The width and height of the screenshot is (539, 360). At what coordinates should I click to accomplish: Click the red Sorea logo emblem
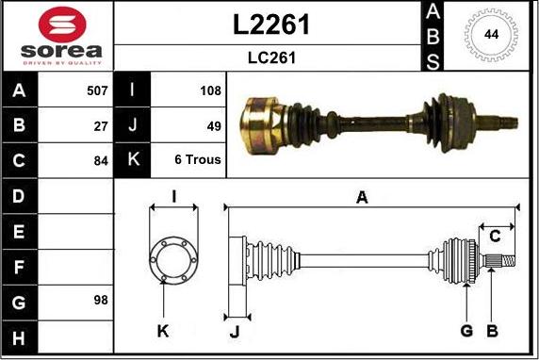(x=62, y=25)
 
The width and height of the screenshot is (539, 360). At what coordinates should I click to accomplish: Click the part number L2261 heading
(x=271, y=25)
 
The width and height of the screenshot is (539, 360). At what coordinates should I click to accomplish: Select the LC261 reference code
(x=271, y=57)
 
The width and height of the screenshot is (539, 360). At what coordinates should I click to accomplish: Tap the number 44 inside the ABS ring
(x=491, y=34)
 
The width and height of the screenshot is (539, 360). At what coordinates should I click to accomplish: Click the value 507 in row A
(x=97, y=90)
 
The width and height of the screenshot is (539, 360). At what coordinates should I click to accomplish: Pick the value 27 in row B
(x=101, y=126)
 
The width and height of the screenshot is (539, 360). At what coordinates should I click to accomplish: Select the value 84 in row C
(x=101, y=161)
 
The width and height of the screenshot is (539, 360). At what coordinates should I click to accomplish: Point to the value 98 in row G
(x=101, y=301)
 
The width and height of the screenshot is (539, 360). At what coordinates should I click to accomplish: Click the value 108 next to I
(x=210, y=90)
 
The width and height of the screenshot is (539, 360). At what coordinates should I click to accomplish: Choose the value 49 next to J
(x=214, y=126)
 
